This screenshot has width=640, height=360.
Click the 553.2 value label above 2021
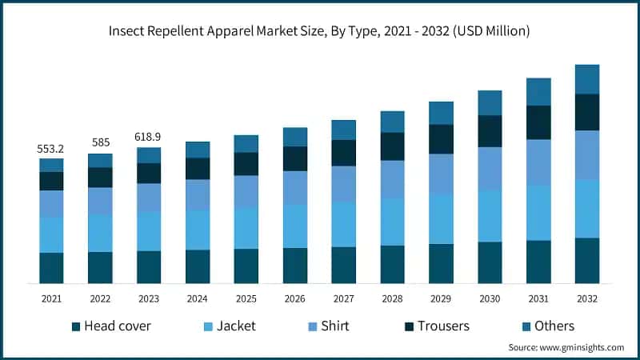click(51, 150)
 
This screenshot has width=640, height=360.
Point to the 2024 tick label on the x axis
click(198, 298)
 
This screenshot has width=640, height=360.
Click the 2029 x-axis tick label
click(441, 298)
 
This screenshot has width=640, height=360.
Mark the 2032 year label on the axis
click(587, 298)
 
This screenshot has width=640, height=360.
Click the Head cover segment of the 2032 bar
click(587, 260)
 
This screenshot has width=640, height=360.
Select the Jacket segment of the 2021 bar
click(51, 234)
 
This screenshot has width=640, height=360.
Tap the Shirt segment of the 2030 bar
click(490, 169)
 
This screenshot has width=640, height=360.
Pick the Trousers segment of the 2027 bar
click(343, 153)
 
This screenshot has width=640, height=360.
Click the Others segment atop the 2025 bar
click(246, 143)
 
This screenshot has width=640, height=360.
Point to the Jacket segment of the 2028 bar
click(392, 222)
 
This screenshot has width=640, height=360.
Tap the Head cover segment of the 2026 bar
click(294, 266)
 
